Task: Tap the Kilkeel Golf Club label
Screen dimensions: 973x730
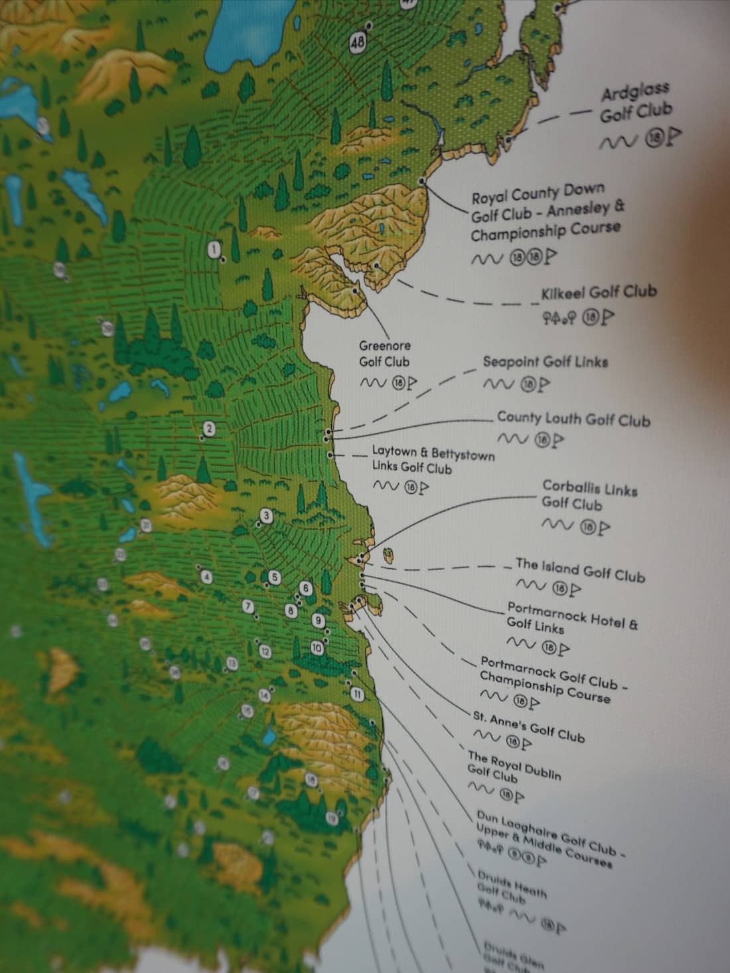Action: pos(599,292)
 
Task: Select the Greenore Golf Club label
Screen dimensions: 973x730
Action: pos(384,354)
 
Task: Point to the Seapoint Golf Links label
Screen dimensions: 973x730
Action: pos(545,362)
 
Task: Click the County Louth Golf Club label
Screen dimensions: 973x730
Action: pos(573,419)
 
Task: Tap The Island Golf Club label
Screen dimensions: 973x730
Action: pos(580,569)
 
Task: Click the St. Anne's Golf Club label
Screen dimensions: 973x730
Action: pos(528,727)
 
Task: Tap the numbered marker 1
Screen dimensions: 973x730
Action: pos(214,250)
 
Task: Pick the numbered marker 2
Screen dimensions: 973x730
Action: pos(210,429)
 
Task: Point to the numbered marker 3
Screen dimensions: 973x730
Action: pos(267,516)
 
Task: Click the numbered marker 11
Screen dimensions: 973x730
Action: pos(357,695)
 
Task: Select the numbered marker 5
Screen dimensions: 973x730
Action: pos(275,577)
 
